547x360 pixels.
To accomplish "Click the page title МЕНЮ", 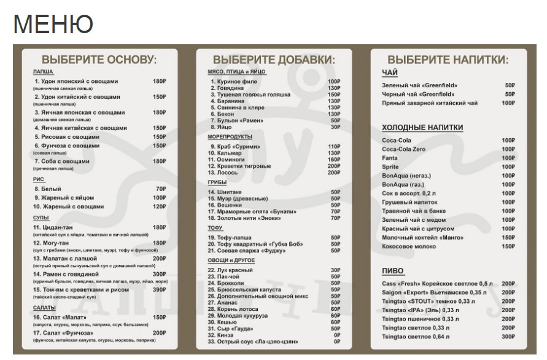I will coord(53,24).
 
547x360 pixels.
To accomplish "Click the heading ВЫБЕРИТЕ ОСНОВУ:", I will coord(99,60).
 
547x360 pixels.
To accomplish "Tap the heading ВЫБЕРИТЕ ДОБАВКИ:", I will coord(274,60).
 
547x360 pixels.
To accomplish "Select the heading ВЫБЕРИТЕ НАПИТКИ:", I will coord(448,60).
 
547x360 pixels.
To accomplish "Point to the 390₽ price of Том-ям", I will coord(160,289).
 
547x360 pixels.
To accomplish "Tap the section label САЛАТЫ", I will coord(44,307).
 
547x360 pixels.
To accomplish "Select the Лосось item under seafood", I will coord(225,173).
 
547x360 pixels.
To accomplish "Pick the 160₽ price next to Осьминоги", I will coord(333,160).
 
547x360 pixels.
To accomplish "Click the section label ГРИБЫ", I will coord(217,182).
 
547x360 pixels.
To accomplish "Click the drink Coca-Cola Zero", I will coord(403,149).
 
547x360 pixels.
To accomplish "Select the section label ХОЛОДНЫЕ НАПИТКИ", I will coord(422,128).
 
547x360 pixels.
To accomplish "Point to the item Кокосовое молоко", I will coord(409,246).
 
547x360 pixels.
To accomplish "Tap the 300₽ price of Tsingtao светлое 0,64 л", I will coord(508,337).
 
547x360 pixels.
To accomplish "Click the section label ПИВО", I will coord(393,271).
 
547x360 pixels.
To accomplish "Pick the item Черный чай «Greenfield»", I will coord(418,94).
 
